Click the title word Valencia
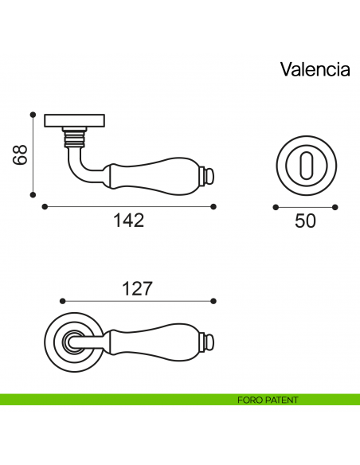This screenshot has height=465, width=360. click(315, 69)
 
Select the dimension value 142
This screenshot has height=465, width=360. click(128, 221)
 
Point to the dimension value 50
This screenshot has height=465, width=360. click(305, 221)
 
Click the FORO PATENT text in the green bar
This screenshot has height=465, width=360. click(268, 400)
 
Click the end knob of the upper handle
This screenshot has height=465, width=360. click(210, 173)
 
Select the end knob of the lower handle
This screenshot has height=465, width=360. click(210, 342)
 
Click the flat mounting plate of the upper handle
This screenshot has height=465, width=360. click(73, 119)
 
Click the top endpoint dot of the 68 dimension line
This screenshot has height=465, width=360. click(33, 114)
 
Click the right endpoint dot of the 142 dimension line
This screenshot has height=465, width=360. click(213, 206)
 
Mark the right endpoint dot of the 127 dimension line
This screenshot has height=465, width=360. click(213, 301)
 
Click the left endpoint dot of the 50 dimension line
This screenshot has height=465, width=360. click(276, 206)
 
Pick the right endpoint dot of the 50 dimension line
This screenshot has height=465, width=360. click(336, 206)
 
